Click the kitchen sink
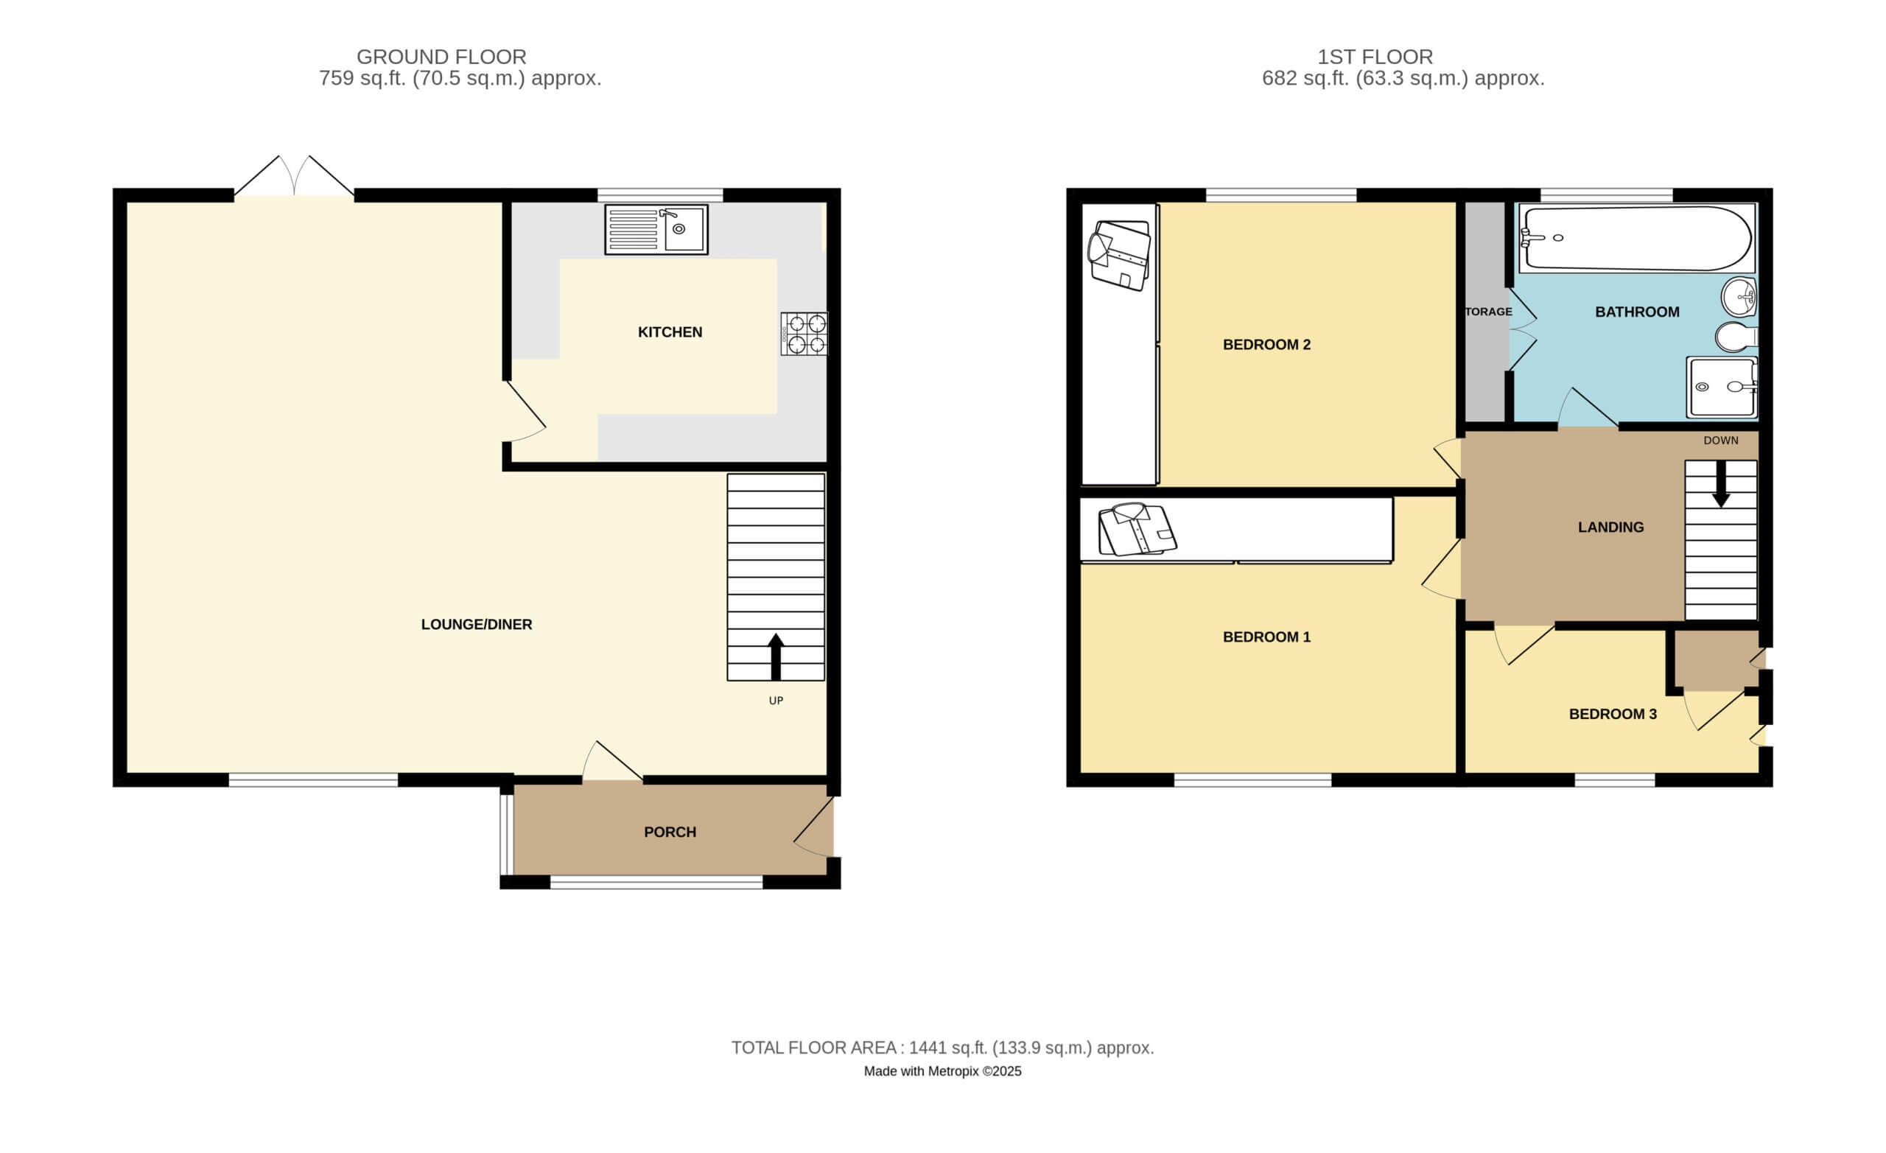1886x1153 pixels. pyautogui.click(x=656, y=229)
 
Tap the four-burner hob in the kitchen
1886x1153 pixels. pyautogui.click(x=804, y=334)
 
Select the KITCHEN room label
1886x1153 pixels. pyautogui.click(x=670, y=332)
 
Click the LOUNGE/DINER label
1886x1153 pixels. pyautogui.click(x=476, y=625)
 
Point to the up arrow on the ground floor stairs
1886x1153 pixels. pyautogui.click(x=775, y=657)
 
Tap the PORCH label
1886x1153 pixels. pyautogui.click(x=670, y=833)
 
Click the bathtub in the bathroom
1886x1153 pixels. pyautogui.click(x=1637, y=238)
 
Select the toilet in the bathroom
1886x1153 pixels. pyautogui.click(x=1736, y=337)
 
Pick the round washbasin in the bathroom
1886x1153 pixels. pyautogui.click(x=1739, y=297)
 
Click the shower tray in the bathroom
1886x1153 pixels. pyautogui.click(x=1722, y=388)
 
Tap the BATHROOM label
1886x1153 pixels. pyautogui.click(x=1637, y=312)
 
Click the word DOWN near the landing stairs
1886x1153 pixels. pyautogui.click(x=1721, y=441)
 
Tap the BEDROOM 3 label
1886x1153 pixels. pyautogui.click(x=1613, y=715)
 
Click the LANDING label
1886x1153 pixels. pyautogui.click(x=1610, y=528)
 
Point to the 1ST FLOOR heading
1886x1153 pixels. pyautogui.click(x=1375, y=57)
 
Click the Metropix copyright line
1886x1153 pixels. pyautogui.click(x=942, y=1072)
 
